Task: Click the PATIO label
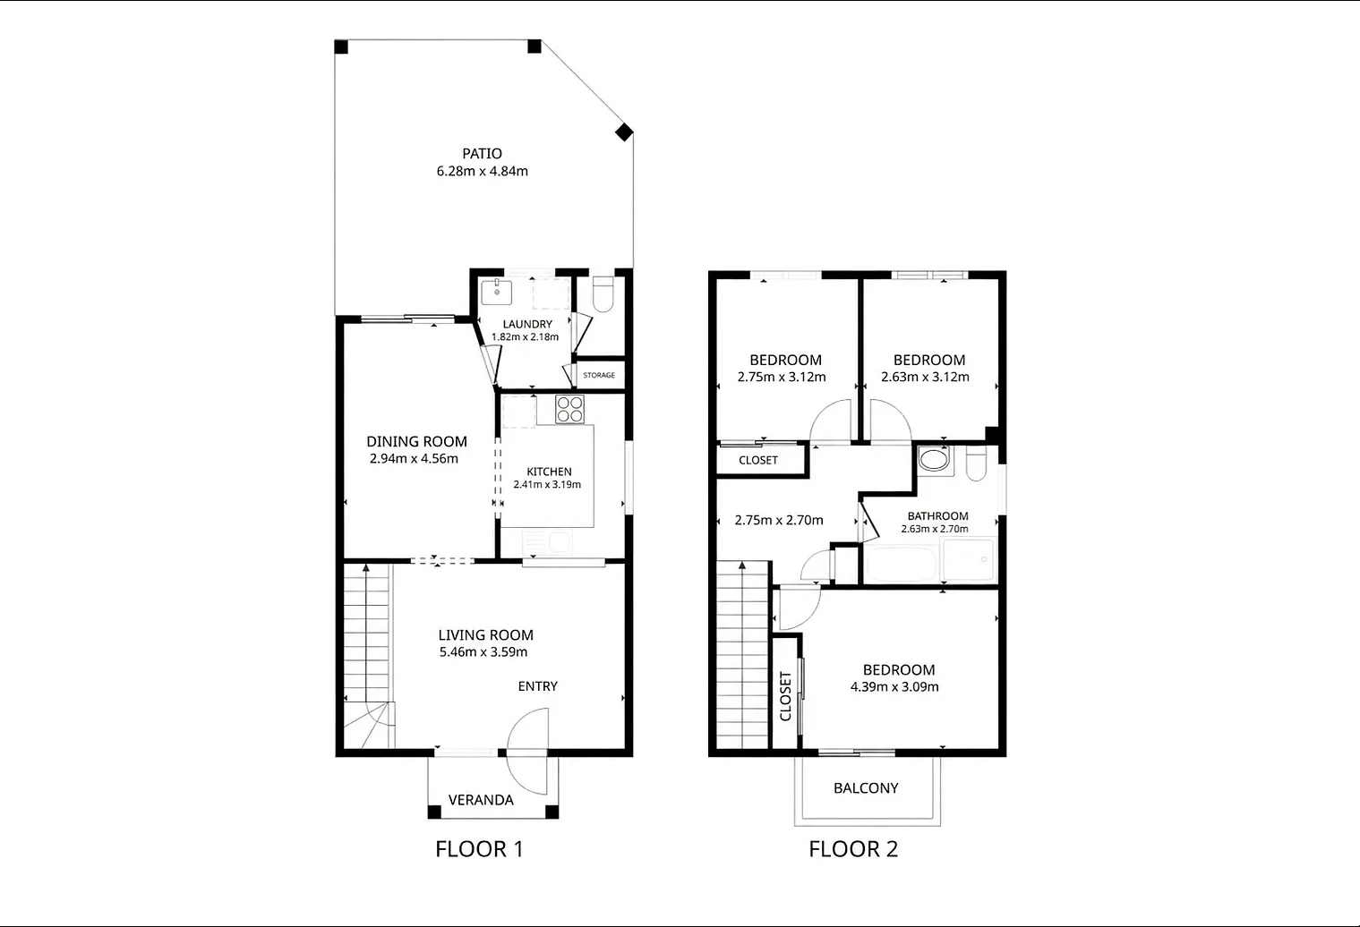point(482,154)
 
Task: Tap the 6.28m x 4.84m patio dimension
point(482,171)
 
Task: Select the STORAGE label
point(599,375)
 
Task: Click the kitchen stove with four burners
point(569,409)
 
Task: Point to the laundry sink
point(497,293)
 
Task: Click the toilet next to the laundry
point(603,294)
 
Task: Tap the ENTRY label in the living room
point(537,686)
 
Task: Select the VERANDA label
point(481,800)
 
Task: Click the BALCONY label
point(866,788)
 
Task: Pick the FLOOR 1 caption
point(479,849)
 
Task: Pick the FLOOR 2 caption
point(853,849)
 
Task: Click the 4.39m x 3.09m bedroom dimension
point(894,687)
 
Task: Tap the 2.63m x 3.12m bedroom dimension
point(925,377)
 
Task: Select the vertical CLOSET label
point(785,696)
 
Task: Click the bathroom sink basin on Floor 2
point(934,459)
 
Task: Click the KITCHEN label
point(549,472)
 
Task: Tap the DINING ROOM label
point(416,442)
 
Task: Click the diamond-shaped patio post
point(624,132)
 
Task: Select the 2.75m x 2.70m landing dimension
point(779,520)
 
